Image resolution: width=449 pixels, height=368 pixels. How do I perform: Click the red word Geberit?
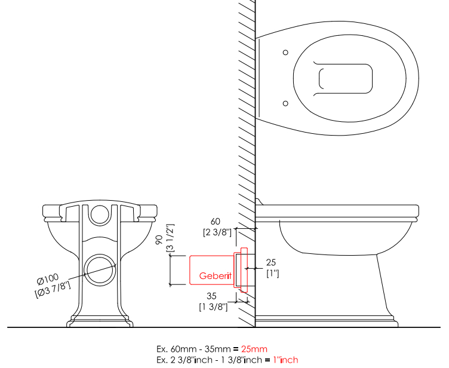pyautogui.click(x=216, y=276)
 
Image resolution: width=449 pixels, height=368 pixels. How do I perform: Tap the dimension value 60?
pyautogui.click(x=216, y=222)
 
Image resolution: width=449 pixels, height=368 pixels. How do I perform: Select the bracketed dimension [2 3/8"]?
pyautogui.click(x=217, y=232)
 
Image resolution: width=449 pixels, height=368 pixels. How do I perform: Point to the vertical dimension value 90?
pyautogui.click(x=159, y=240)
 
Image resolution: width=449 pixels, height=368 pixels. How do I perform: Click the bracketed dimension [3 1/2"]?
pyautogui.click(x=170, y=238)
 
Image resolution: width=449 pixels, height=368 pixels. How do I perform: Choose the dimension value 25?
pyautogui.click(x=271, y=262)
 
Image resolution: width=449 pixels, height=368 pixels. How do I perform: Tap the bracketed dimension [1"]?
pyautogui.click(x=273, y=273)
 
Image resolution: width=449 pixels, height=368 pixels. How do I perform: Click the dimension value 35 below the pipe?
pyautogui.click(x=211, y=296)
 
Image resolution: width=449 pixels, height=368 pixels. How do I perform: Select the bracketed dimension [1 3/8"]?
pyautogui.click(x=213, y=307)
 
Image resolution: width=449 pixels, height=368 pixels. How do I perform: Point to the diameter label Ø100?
pyautogui.click(x=48, y=278)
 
